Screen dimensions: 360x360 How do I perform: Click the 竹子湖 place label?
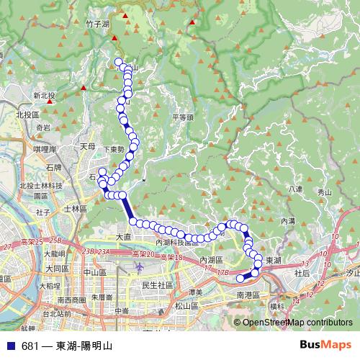pos(96,24)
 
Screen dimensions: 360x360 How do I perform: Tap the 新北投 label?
pos(44,95)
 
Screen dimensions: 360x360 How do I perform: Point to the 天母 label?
pos(88,145)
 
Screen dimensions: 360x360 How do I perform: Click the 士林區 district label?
pos(75,208)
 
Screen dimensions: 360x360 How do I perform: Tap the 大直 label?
pos(124,236)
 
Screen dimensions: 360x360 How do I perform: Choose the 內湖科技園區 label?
pos(177,243)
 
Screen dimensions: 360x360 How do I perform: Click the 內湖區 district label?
pos(212,259)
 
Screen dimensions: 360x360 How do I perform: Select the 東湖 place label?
pos(274,260)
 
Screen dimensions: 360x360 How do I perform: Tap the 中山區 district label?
pos(95,272)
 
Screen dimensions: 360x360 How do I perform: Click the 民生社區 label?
pos(158,285)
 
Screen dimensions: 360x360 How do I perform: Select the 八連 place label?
pos(294,189)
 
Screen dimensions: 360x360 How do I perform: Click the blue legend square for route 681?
pos(10,346)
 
